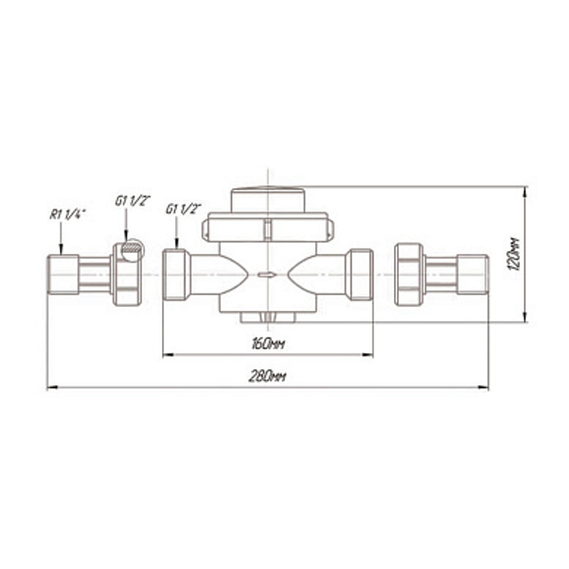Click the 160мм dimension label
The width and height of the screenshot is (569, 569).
pyautogui.click(x=268, y=344)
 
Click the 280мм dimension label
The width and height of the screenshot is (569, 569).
pyautogui.click(x=267, y=377)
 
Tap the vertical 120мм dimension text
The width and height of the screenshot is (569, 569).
pyautogui.click(x=514, y=254)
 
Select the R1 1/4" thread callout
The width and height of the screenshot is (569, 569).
pyautogui.click(x=68, y=215)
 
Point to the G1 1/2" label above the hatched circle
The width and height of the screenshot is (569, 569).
pyautogui.click(x=133, y=201)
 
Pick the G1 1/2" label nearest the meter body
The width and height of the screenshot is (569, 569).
pyautogui.click(x=184, y=209)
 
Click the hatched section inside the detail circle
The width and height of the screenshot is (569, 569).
pyautogui.click(x=131, y=248)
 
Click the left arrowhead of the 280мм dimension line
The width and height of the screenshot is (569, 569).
pyautogui.click(x=52, y=387)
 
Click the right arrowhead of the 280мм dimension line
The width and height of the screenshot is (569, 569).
pyautogui.click(x=483, y=387)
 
